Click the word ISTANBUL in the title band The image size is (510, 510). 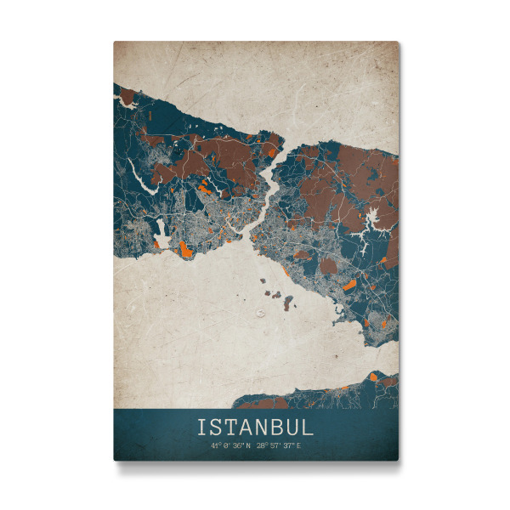[255, 425]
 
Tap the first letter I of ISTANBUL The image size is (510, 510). [202, 425]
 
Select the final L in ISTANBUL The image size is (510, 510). [308, 425]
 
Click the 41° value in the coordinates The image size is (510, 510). [217, 445]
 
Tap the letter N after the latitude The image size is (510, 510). [248, 445]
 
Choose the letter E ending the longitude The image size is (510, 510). [298, 445]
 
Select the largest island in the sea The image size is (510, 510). [288, 301]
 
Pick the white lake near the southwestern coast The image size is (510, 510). [162, 233]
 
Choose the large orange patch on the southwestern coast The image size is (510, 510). [185, 248]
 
